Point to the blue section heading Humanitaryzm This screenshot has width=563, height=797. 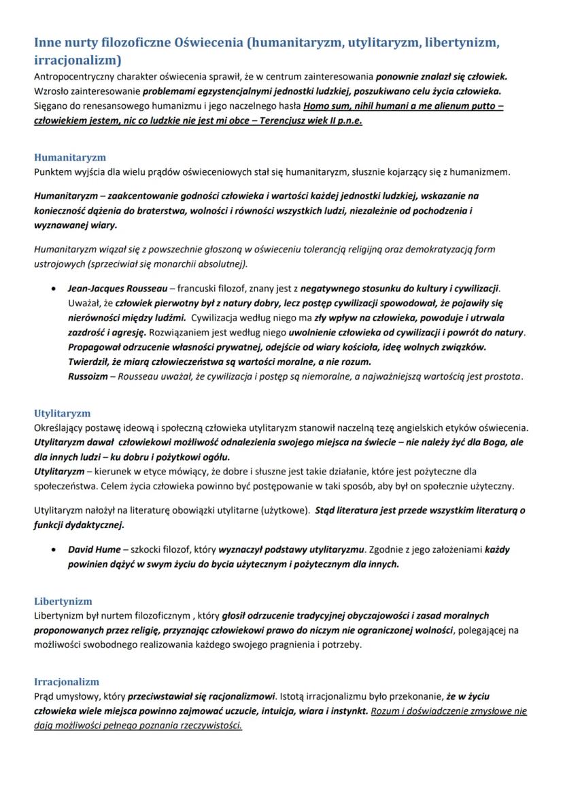tap(70, 157)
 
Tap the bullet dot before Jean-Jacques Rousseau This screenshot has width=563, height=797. tap(53, 289)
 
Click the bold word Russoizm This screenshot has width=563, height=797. tap(87, 376)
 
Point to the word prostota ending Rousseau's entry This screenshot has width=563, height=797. tap(502, 376)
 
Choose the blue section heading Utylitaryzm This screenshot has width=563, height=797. tap(63, 413)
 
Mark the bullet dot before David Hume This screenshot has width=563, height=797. tap(53, 550)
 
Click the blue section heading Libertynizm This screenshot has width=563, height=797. tap(63, 602)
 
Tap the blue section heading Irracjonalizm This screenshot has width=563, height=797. tap(67, 681)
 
